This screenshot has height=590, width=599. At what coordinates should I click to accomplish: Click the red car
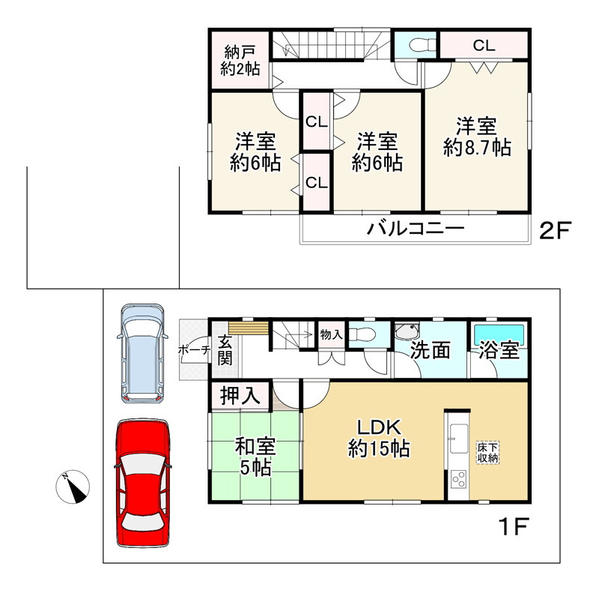click(x=143, y=484)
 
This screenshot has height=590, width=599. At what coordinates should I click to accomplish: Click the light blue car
click(x=142, y=353)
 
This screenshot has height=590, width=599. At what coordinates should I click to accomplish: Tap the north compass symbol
click(x=73, y=487)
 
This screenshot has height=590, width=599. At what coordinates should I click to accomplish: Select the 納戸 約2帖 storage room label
click(x=240, y=61)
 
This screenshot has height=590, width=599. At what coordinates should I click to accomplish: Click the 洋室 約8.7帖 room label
click(x=477, y=137)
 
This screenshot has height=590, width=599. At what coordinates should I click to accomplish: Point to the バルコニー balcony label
click(x=416, y=228)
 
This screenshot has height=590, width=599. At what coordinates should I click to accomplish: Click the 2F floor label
click(x=555, y=230)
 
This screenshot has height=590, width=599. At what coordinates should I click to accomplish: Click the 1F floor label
click(x=514, y=526)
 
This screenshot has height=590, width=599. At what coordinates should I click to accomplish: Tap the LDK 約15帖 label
click(x=379, y=438)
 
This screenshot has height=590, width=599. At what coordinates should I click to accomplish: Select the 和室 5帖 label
click(x=255, y=457)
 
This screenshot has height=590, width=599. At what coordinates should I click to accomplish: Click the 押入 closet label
click(x=240, y=395)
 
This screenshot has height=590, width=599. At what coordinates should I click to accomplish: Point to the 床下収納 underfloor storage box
click(x=488, y=453)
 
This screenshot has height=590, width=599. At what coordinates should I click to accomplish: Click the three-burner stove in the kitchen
click(x=458, y=479)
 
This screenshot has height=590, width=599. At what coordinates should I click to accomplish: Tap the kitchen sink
click(x=458, y=439)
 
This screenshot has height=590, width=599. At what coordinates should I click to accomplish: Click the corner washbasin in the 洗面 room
click(x=406, y=331)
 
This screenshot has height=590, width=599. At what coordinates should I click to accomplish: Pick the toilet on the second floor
click(x=422, y=46)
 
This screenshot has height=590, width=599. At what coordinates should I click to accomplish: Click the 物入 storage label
click(x=331, y=334)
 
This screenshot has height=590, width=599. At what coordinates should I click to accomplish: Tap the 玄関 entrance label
click(x=225, y=350)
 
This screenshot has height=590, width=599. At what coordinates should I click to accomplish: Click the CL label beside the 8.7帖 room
click(x=484, y=46)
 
